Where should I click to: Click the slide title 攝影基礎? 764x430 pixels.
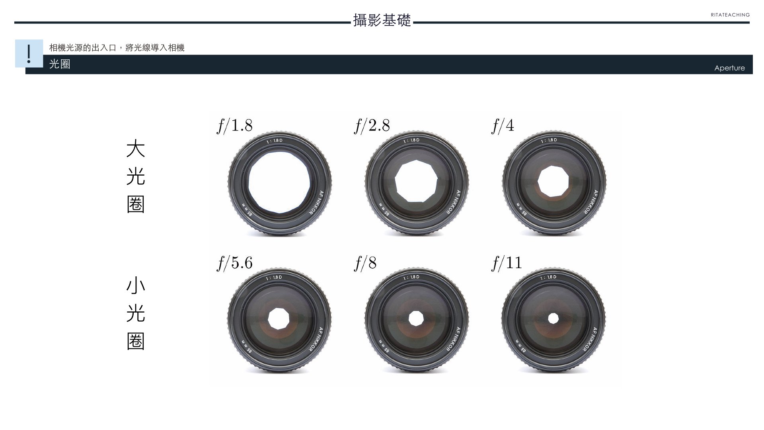(x=382, y=20)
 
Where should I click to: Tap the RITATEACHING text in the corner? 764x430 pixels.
(x=730, y=15)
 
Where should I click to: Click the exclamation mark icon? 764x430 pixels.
(x=29, y=54)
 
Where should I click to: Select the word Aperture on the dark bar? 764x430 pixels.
(x=729, y=68)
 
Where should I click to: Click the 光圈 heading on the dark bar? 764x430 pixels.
(x=60, y=64)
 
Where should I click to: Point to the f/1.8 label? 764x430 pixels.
(x=235, y=126)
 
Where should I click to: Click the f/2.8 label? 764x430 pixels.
(x=372, y=126)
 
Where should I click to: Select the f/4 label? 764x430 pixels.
(x=503, y=126)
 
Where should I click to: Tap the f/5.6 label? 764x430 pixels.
(x=235, y=263)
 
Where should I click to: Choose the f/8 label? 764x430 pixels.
(x=365, y=263)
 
